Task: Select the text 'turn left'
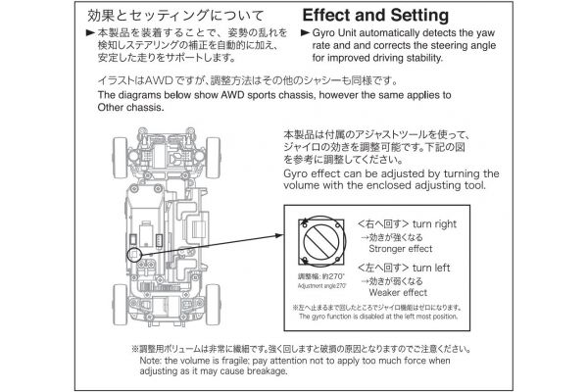[431, 267]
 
